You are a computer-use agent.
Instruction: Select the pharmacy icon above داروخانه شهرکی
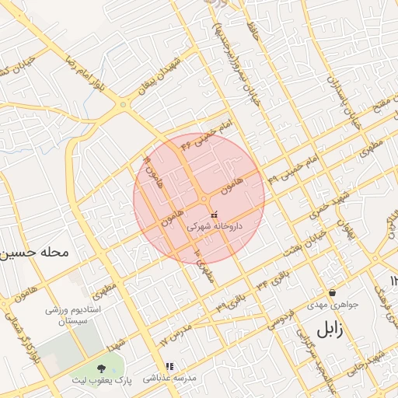(x=215, y=213)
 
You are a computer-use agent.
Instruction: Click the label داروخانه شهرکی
(x=215, y=226)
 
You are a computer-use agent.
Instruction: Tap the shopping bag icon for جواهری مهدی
(x=333, y=293)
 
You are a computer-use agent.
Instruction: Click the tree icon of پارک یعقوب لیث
(x=102, y=368)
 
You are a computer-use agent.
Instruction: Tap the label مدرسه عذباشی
(x=172, y=378)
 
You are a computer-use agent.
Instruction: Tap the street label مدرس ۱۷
(x=175, y=335)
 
